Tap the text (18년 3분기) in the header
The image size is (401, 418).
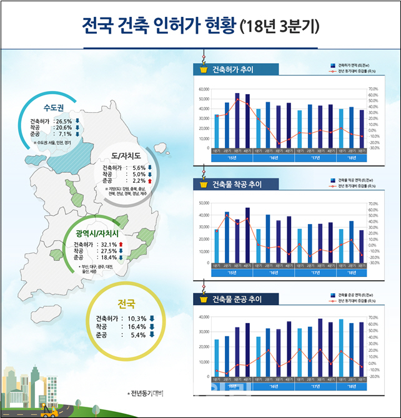click(x=279, y=27)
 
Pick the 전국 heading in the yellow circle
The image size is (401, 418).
click(x=126, y=304)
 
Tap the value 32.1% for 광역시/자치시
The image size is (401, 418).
click(x=104, y=245)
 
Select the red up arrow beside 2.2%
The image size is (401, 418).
click(x=150, y=180)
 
